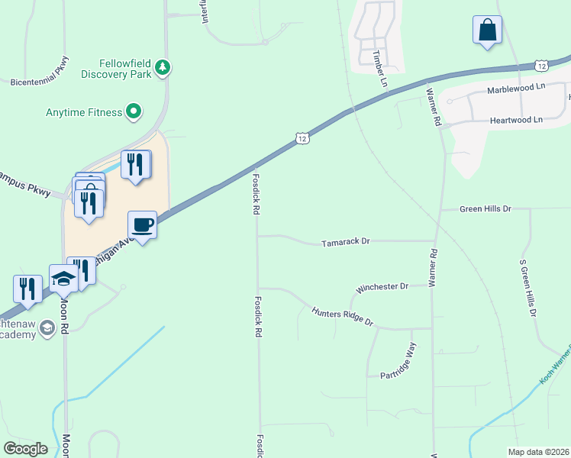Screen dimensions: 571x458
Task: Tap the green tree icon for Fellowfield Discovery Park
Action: click(162, 68)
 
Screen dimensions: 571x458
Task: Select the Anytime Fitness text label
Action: click(84, 112)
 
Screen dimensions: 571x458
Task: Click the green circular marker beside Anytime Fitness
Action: click(134, 112)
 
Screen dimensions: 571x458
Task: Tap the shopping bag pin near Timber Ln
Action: click(487, 31)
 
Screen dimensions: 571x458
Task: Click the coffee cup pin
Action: click(142, 225)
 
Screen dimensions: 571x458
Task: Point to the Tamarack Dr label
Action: click(345, 241)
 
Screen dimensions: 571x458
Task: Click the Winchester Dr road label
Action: click(383, 287)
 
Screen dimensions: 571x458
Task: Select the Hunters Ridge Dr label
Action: click(342, 316)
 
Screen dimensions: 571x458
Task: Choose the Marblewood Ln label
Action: click(516, 88)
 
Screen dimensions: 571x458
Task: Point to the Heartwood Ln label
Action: click(515, 120)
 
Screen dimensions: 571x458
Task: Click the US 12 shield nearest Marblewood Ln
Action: click(540, 66)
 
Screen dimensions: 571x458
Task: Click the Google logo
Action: click(25, 449)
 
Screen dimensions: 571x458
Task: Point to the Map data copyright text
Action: click(537, 452)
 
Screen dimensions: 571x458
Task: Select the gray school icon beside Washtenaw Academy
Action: click(47, 328)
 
